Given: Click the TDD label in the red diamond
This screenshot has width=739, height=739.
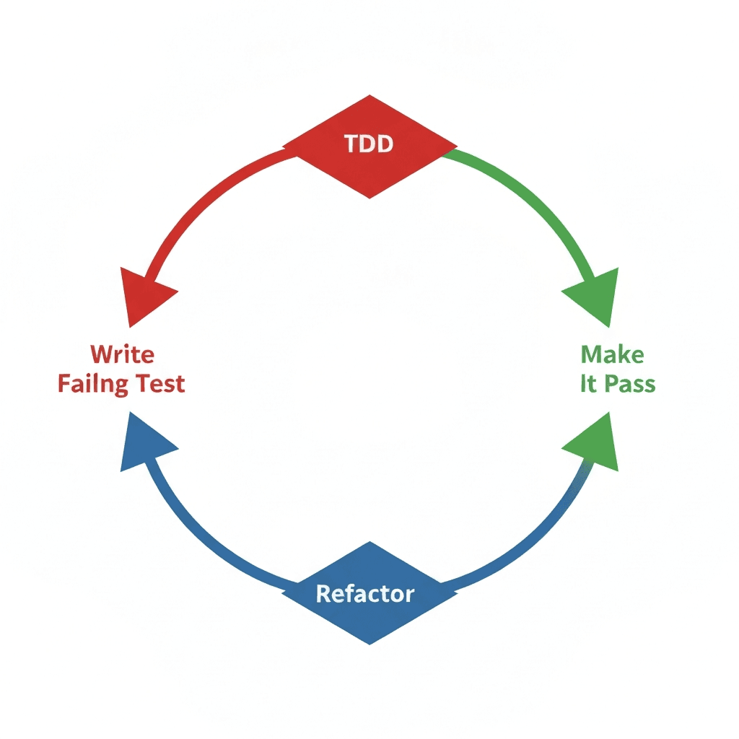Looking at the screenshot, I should coord(369,144).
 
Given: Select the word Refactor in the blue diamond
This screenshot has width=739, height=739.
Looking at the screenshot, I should coord(365,594).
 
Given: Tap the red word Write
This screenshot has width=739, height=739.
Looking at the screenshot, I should coord(123,354).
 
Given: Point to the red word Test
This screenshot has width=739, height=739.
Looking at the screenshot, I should coord(157,383).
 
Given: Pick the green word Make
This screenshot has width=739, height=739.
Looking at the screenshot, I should coord(612,354).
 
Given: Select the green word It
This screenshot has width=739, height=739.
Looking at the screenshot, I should coord(588,383).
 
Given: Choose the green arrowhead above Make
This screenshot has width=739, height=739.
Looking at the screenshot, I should coord(594,296).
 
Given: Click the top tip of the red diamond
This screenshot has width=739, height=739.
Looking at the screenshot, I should coord(369,95).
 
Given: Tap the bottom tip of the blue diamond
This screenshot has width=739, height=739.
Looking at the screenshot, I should coord(369,644).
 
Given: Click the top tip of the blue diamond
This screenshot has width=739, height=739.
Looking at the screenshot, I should coord(369,543).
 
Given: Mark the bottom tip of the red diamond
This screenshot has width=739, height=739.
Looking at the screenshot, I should coord(369,198).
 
